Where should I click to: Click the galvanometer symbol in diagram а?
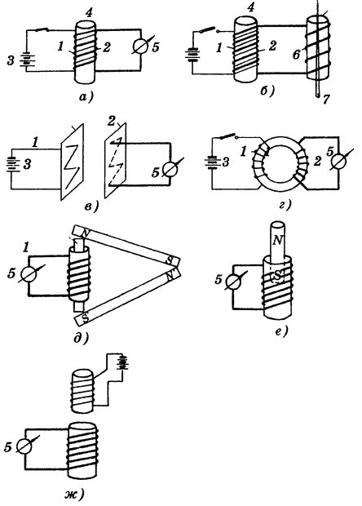(140, 47)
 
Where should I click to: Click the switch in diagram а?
(42, 30)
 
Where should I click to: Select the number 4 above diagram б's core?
(250, 7)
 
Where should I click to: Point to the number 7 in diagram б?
(326, 99)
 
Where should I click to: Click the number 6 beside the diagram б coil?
(296, 55)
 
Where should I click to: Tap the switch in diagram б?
(209, 31)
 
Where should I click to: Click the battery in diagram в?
(13, 164)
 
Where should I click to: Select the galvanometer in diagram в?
(170, 169)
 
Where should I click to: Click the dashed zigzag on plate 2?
(116, 163)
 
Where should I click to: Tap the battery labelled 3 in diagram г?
(212, 162)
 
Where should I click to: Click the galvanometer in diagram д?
(29, 274)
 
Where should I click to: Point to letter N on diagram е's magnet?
(277, 240)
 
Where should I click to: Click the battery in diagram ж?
(122, 362)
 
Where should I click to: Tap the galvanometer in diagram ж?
(24, 446)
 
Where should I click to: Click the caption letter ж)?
(74, 494)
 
